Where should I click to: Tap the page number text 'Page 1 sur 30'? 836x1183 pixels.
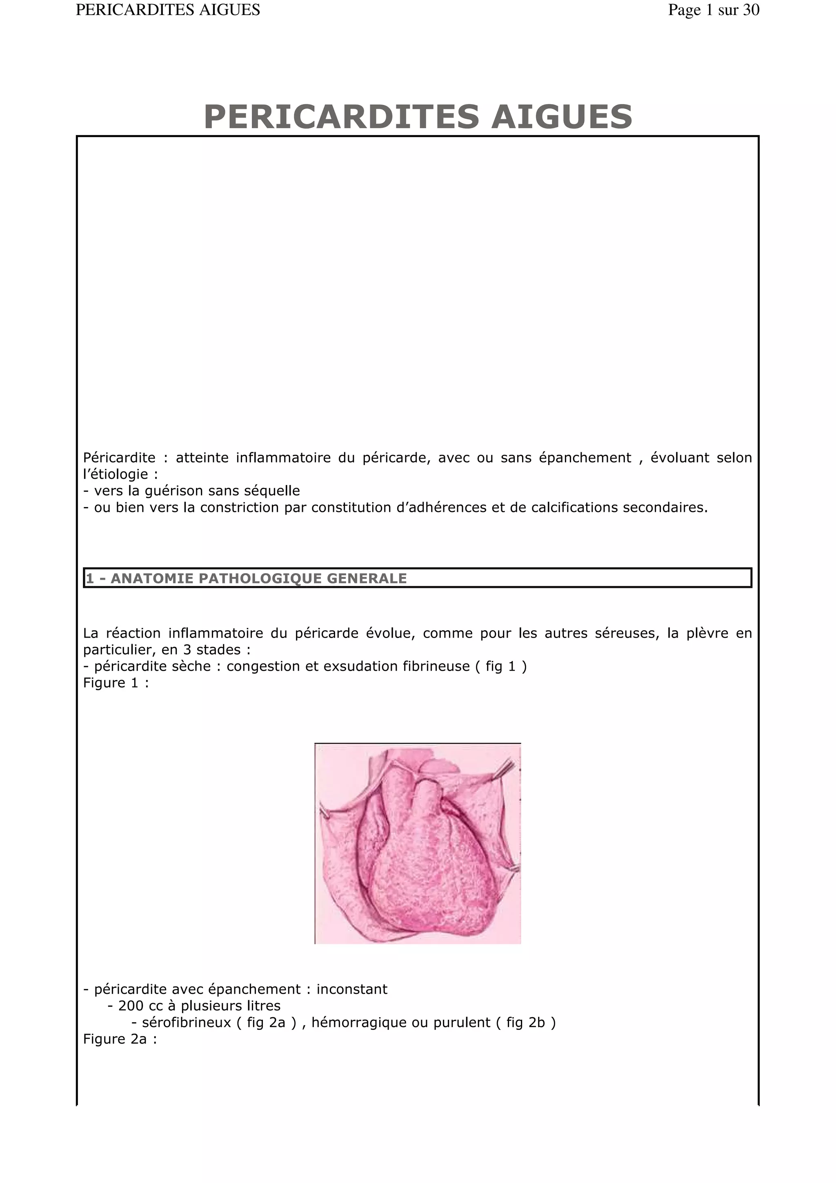click(714, 10)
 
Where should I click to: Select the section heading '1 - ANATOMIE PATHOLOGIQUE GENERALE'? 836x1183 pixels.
click(246, 578)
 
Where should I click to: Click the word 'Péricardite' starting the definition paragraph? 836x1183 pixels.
click(119, 458)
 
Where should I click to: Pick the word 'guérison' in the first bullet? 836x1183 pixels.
click(174, 491)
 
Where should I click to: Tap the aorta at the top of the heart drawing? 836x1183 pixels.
click(427, 796)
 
